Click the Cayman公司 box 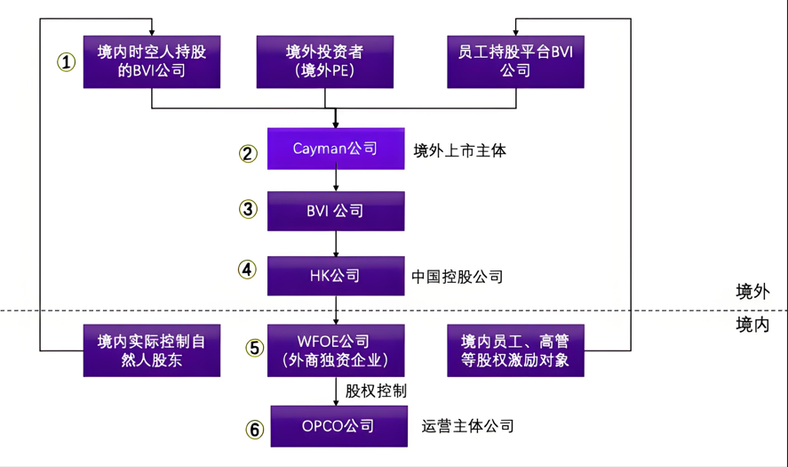[336, 149]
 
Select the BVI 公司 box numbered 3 [336, 212]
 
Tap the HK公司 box [336, 276]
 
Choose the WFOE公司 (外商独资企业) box [336, 350]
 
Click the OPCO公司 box [336, 426]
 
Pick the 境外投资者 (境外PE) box [324, 61]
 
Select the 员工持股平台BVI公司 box [515, 61]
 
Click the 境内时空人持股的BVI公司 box [152, 61]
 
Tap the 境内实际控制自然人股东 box [152, 350]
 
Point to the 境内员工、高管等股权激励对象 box [515, 350]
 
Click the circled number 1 [67, 61]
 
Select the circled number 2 [248, 153]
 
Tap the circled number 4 [248, 269]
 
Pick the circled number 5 [255, 348]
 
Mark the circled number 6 [255, 430]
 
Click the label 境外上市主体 [459, 150]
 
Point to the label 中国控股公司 [457, 277]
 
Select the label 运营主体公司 [468, 426]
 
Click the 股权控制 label [377, 391]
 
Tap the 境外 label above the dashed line [752, 291]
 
